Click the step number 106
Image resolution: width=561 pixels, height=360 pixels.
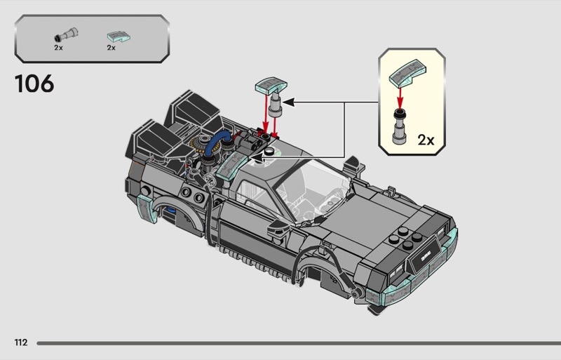[x=34, y=84]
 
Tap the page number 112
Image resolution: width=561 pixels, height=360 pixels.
[x=21, y=342]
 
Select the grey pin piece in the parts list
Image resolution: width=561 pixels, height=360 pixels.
[x=66, y=35]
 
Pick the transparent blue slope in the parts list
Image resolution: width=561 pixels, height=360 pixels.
[x=119, y=36]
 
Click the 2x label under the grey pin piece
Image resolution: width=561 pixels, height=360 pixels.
[x=58, y=48]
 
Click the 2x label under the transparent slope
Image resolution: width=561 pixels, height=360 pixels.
[x=111, y=48]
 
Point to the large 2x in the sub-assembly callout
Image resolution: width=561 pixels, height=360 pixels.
[x=426, y=140]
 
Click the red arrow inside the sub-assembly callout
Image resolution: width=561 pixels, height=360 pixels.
[x=400, y=97]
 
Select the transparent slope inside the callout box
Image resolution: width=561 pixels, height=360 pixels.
[x=407, y=73]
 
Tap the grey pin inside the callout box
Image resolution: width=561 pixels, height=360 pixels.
[x=400, y=127]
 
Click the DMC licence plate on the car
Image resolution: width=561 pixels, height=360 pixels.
[x=426, y=256]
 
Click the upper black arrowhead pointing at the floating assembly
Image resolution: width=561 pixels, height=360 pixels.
[x=288, y=102]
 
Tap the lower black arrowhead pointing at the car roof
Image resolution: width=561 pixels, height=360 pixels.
[x=255, y=157]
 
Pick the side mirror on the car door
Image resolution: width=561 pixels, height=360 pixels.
[x=279, y=227]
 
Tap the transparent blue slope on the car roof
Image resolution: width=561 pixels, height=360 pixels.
[x=230, y=166]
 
